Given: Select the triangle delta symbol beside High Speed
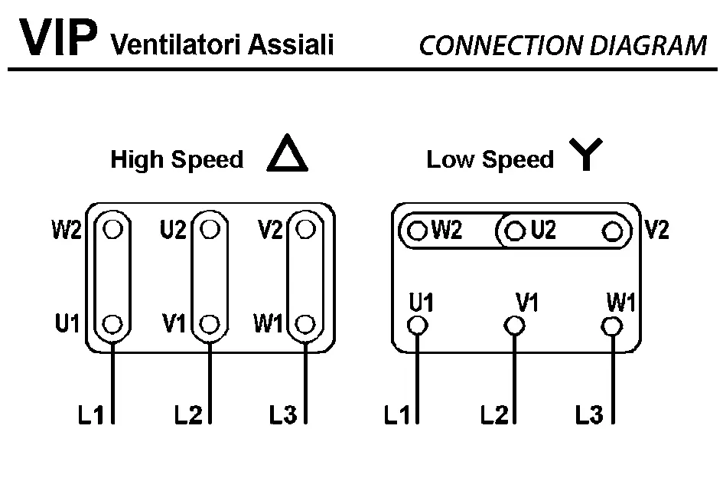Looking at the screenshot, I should [287, 156].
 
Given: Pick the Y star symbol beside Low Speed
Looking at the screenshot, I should [585, 156].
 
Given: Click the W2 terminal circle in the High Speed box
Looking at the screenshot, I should [112, 229].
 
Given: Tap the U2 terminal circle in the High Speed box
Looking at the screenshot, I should [210, 229].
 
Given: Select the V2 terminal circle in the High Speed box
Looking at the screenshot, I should [305, 229].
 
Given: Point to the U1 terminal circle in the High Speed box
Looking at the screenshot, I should [112, 323].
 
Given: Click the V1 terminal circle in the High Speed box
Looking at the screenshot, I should [210, 323].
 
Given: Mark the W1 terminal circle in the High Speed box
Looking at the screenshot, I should [305, 323].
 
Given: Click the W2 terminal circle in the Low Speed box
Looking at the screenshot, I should [418, 231].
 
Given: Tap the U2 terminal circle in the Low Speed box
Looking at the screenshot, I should [516, 231].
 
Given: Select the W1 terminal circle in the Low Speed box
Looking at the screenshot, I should [610, 326].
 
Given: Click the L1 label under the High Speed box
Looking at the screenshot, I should [90, 416].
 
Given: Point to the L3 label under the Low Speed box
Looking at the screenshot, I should [590, 416].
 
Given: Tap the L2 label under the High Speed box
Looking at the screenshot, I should [188, 416].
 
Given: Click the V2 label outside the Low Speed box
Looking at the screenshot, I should [656, 230].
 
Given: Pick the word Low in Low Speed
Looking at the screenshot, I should [446, 160].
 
